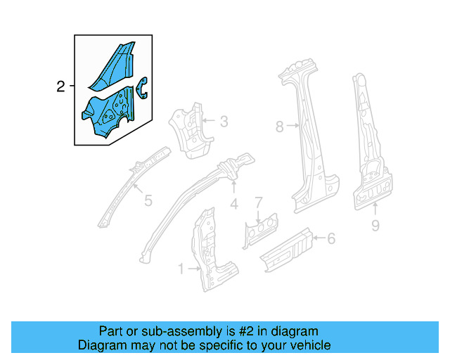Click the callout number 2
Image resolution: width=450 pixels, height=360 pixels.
(x=60, y=86)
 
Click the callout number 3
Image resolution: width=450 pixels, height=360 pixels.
(x=224, y=122)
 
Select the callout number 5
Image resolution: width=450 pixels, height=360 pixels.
(x=148, y=201)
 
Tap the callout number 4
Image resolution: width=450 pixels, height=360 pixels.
(x=234, y=205)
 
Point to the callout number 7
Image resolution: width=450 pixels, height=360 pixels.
(x=259, y=202)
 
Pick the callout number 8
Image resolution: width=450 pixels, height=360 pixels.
(x=279, y=127)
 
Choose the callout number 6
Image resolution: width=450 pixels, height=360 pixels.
(x=330, y=239)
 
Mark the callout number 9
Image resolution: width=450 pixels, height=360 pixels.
(x=375, y=226)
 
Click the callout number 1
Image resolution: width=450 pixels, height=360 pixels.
(x=181, y=269)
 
